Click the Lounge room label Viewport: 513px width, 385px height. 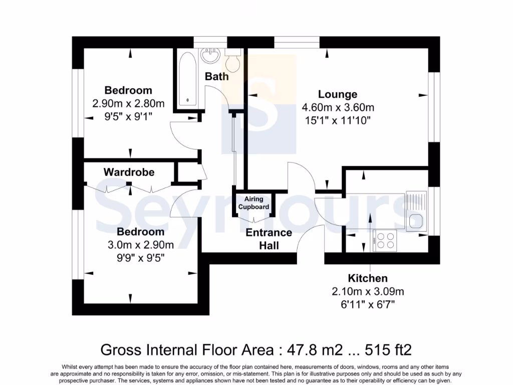pos(338,94)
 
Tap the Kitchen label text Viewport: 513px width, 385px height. pos(368,278)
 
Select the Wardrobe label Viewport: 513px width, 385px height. pos(129,172)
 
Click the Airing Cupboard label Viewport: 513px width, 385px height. pos(253,203)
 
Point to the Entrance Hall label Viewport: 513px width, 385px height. pos(269,239)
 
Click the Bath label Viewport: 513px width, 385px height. pos(216,76)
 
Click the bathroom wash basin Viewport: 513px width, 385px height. pos(209,56)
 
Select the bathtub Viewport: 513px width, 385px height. pos(188,79)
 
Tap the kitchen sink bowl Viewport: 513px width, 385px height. pos(415,221)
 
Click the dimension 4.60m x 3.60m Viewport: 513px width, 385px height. pos(338,107)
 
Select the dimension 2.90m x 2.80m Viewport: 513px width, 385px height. pos(128,103)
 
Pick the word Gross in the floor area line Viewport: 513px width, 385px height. pos(120,349)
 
